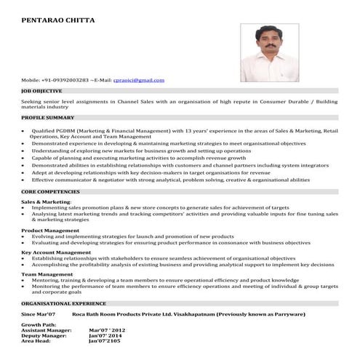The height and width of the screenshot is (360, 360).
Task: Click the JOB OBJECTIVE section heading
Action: [42, 91]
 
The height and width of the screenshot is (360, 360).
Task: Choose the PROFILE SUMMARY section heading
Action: [48, 117]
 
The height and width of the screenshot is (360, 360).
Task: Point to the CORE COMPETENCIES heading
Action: [50, 191]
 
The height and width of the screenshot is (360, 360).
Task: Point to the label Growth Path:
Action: [37, 324]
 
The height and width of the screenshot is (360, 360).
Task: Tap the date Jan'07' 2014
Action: [106, 335]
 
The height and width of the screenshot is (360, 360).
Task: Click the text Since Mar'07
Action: [39, 313]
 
